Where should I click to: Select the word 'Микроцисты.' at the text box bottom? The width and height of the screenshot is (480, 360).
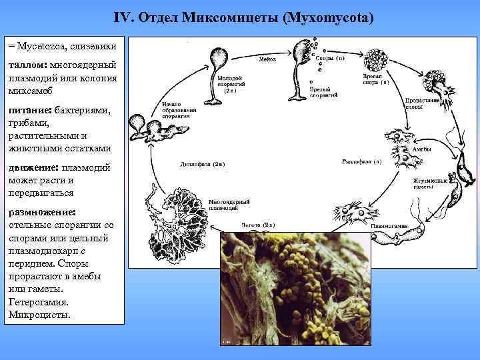[39, 314]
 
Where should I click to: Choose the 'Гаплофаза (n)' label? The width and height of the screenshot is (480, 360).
[361, 161]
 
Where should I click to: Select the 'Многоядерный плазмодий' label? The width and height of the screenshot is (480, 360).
[229, 204]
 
